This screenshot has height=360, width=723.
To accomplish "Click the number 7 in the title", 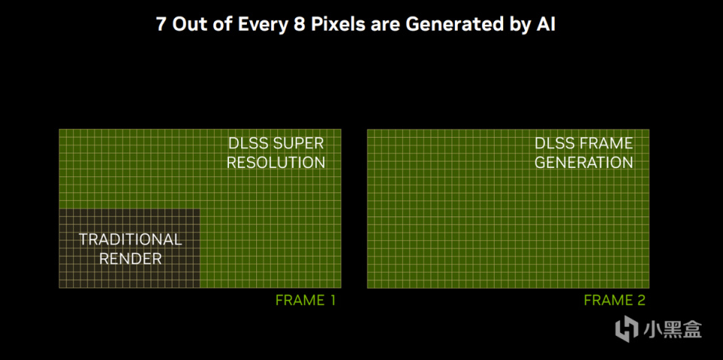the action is tap(161, 24).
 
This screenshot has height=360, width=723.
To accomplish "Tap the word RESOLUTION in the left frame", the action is tap(276, 163).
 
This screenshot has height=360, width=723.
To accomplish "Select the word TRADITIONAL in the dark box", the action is tap(130, 239).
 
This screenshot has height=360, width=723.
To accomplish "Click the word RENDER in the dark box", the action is tap(130, 258).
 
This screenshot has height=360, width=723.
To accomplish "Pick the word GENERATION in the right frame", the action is tap(584, 163).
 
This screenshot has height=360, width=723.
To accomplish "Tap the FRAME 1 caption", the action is tap(305, 300).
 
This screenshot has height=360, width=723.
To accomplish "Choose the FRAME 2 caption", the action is tap(615, 300).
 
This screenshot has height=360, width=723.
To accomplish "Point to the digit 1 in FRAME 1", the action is tap(331, 300).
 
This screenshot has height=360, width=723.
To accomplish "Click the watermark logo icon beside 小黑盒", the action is tap(626, 329).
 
